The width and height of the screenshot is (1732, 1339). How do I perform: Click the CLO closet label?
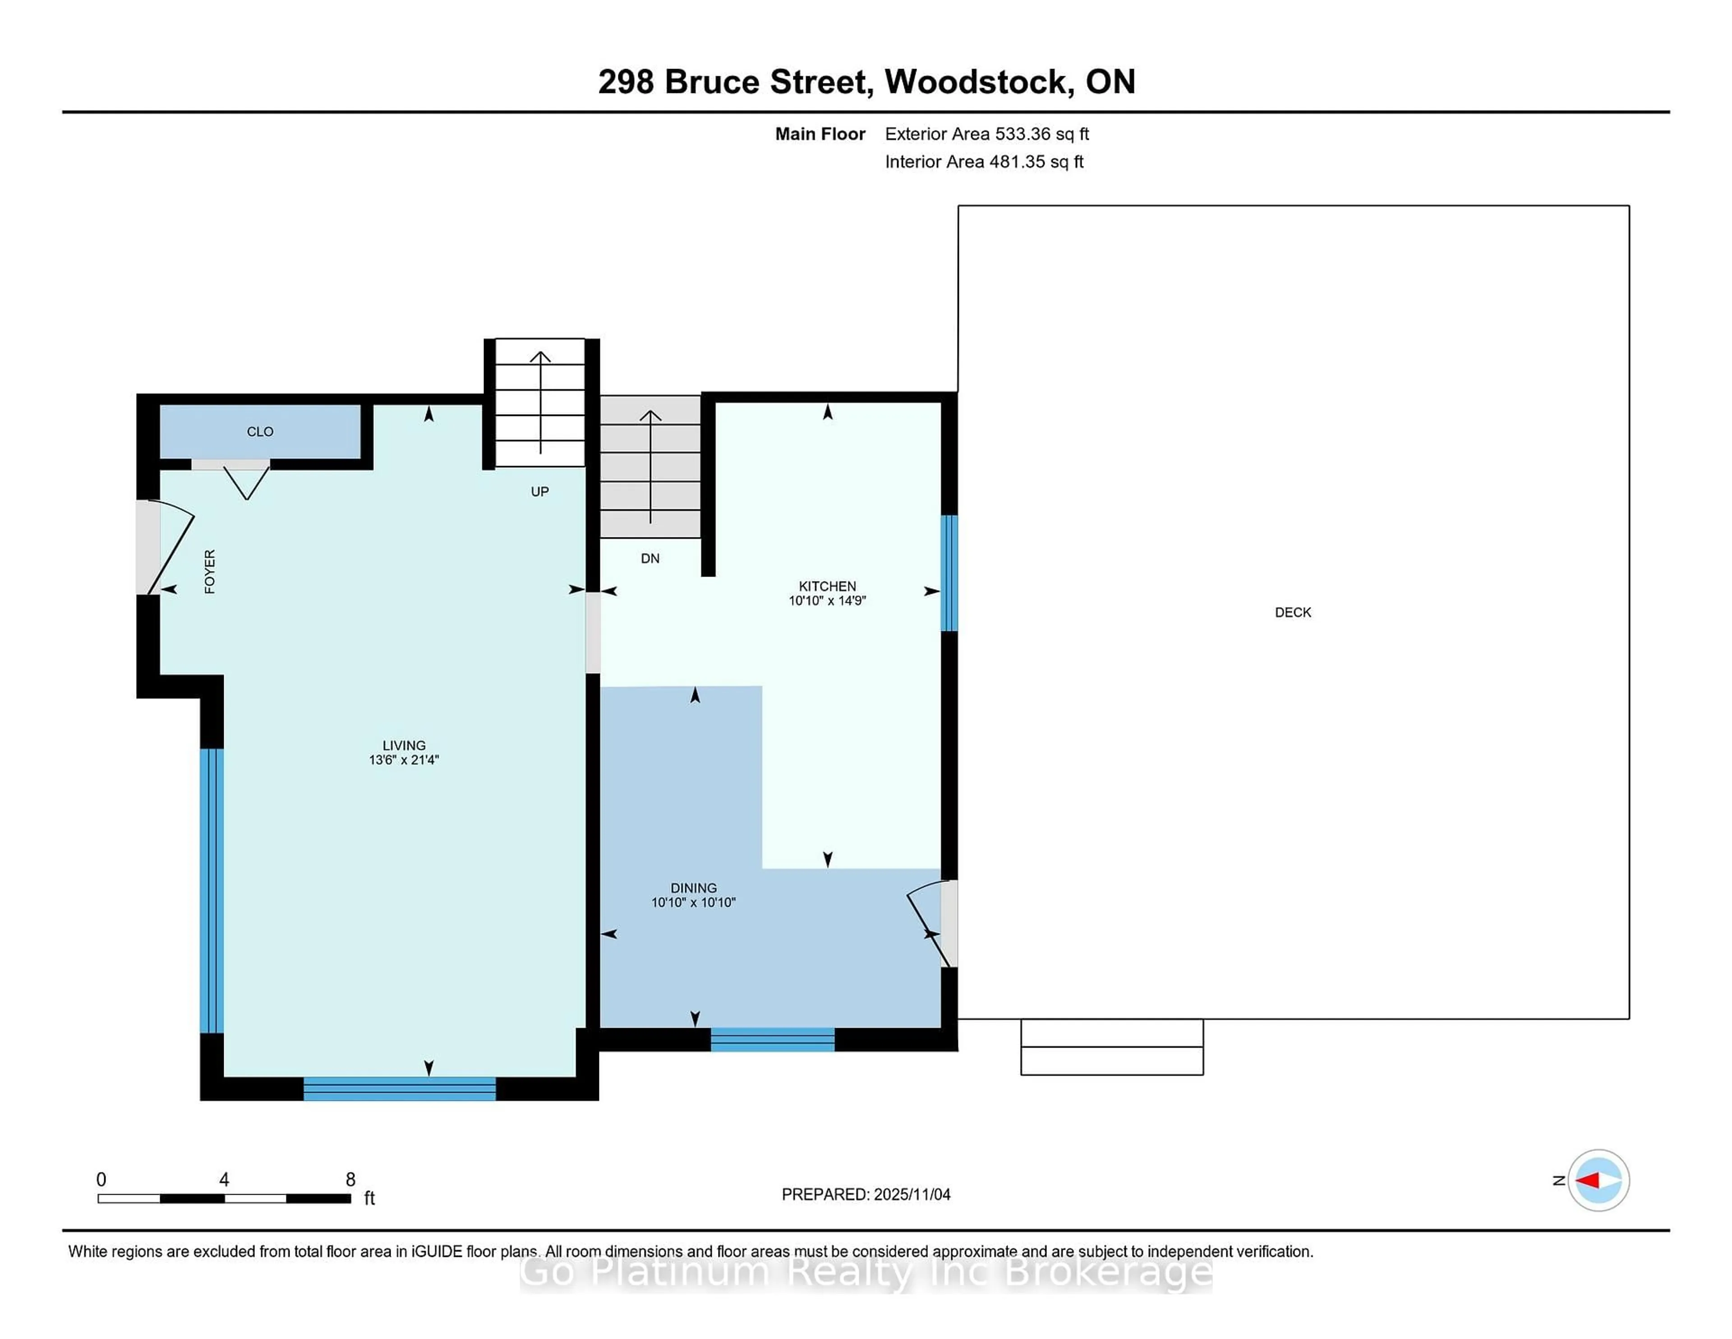click(x=260, y=432)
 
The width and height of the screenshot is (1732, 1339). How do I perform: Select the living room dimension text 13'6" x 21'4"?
click(x=404, y=760)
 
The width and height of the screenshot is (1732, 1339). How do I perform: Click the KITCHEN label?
click(x=827, y=586)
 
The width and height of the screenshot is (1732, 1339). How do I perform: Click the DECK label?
click(x=1293, y=612)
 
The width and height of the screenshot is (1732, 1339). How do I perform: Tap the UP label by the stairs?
click(x=539, y=492)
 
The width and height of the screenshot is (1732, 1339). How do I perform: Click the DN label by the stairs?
click(x=649, y=559)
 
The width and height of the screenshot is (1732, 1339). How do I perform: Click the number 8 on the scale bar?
click(x=350, y=1180)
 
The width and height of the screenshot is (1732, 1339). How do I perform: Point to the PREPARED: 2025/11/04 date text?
click(x=866, y=1195)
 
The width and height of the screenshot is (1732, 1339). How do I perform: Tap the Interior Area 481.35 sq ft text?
click(x=983, y=162)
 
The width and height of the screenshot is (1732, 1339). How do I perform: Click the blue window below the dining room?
click(x=773, y=1039)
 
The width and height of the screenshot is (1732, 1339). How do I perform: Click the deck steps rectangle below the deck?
click(x=1112, y=1047)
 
